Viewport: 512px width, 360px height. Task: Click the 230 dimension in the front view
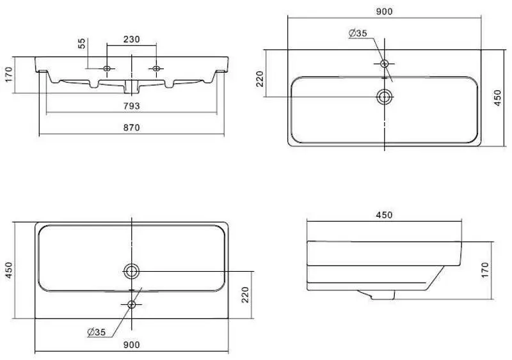tap(131, 40)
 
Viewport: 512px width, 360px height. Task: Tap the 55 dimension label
tap(82, 43)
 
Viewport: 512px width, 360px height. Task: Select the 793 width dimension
tap(132, 106)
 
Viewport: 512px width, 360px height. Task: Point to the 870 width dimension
tap(131, 127)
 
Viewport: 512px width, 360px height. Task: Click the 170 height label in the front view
tap(8, 75)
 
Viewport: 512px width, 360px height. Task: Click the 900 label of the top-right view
tap(384, 11)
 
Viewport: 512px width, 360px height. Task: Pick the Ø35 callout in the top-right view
tap(358, 34)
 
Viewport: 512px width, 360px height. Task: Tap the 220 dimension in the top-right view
tap(260, 79)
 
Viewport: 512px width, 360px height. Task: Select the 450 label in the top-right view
tap(498, 98)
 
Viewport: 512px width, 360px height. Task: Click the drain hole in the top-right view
tap(385, 97)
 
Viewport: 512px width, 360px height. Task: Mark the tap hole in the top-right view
tap(385, 63)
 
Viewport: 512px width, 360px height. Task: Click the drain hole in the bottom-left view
tap(131, 271)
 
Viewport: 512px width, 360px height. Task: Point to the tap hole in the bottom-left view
tap(131, 304)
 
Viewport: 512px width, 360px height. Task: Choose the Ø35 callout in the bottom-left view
tap(97, 331)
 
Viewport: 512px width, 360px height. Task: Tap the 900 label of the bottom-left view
tap(131, 345)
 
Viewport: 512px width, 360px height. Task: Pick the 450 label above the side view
tap(384, 215)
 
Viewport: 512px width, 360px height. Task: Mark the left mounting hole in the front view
tap(107, 68)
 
